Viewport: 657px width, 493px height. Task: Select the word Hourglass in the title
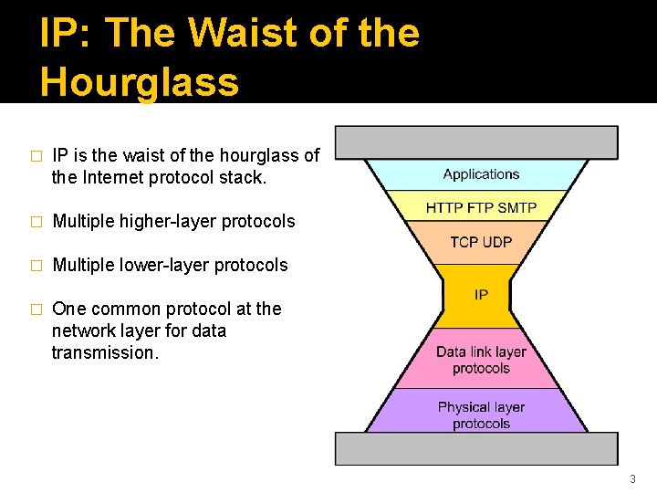pyautogui.click(x=140, y=81)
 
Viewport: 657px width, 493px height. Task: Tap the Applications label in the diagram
pyautogui.click(x=481, y=174)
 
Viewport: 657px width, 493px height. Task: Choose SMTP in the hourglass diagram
pyautogui.click(x=516, y=208)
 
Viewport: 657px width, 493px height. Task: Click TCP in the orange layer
pyautogui.click(x=465, y=242)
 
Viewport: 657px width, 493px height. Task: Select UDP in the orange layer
pyautogui.click(x=497, y=242)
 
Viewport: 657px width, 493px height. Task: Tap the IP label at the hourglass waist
pyautogui.click(x=481, y=295)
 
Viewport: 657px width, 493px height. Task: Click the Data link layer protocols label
pyautogui.click(x=481, y=360)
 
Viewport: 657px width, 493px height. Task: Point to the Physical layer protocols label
pyautogui.click(x=481, y=415)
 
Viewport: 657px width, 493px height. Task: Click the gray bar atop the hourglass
pyautogui.click(x=476, y=142)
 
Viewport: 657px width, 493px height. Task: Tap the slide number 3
pyautogui.click(x=632, y=479)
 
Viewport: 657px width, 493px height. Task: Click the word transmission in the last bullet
pyautogui.click(x=104, y=352)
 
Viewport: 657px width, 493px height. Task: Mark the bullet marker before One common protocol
pyautogui.click(x=36, y=309)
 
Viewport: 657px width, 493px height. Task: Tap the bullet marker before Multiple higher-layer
pyautogui.click(x=36, y=222)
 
